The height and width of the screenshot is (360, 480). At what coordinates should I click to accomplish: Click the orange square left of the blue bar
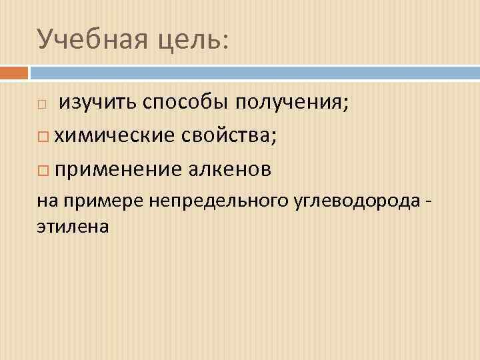tap(14, 72)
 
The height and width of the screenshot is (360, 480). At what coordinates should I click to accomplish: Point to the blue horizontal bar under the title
tap(254, 72)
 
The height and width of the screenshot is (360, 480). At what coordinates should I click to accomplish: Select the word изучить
tap(98, 103)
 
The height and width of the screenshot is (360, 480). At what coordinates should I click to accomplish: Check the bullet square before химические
tap(42, 137)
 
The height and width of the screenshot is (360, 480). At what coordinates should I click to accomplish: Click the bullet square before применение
tap(42, 170)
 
